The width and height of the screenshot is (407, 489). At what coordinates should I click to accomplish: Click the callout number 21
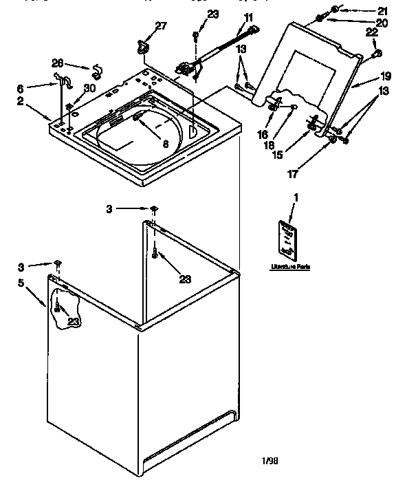(x=383, y=10)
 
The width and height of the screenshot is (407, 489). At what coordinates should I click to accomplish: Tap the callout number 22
(x=372, y=33)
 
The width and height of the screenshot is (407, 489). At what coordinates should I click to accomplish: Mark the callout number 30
(x=89, y=87)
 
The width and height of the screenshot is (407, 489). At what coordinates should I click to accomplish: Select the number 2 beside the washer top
(x=39, y=101)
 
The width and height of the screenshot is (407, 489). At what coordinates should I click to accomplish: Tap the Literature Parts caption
(x=288, y=266)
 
